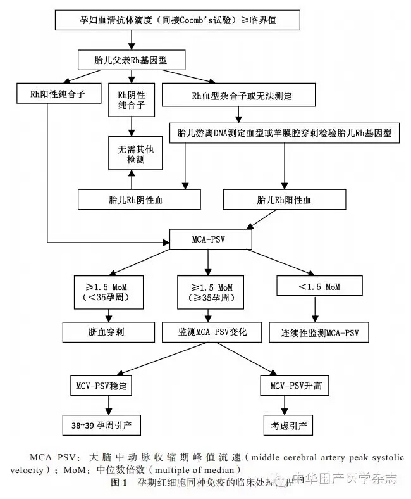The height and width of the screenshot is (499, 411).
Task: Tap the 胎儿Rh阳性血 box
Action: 285,200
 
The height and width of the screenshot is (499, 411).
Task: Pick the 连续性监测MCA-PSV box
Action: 319,332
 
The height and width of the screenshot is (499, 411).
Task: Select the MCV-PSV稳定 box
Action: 103,385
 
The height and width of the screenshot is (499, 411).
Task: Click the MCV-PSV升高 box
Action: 295,385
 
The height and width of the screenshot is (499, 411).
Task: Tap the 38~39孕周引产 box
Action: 103,422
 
